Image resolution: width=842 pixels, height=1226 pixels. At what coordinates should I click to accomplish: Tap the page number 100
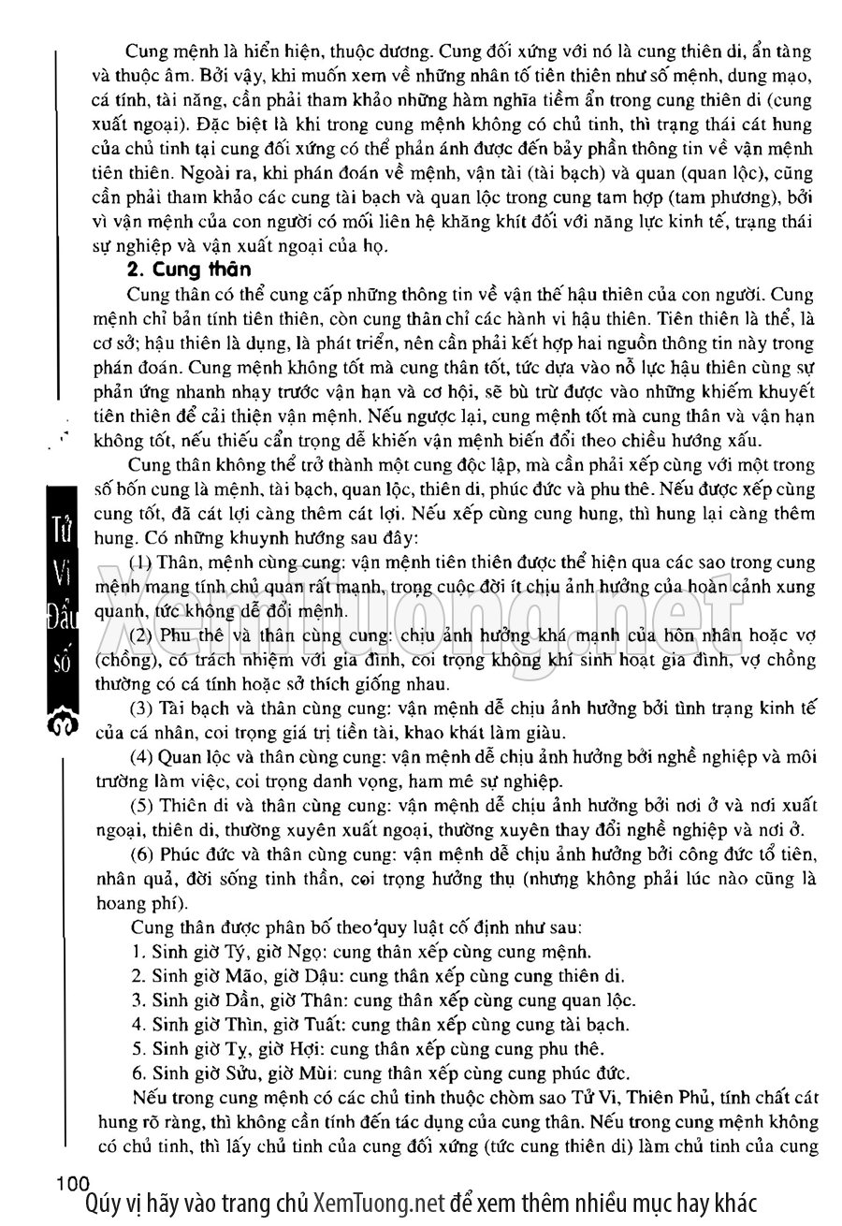coord(72,1183)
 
